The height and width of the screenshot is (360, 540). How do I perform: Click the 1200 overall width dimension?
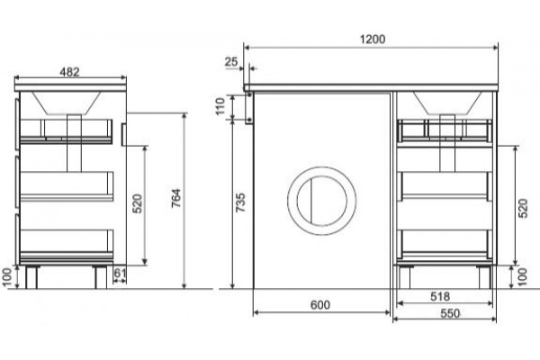click(373, 39)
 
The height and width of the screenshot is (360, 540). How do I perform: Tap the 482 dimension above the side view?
click(69, 72)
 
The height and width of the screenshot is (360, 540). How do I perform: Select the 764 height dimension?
click(176, 198)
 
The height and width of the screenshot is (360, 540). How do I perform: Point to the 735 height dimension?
click(240, 202)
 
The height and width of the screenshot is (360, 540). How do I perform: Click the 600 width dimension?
click(319, 305)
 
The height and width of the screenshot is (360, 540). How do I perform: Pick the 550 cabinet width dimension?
click(450, 313)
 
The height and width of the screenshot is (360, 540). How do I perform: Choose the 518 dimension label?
click(440, 296)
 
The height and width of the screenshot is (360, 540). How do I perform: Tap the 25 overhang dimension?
click(231, 62)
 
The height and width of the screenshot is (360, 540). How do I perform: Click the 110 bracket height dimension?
click(220, 106)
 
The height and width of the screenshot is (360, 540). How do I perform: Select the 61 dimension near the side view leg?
click(120, 273)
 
